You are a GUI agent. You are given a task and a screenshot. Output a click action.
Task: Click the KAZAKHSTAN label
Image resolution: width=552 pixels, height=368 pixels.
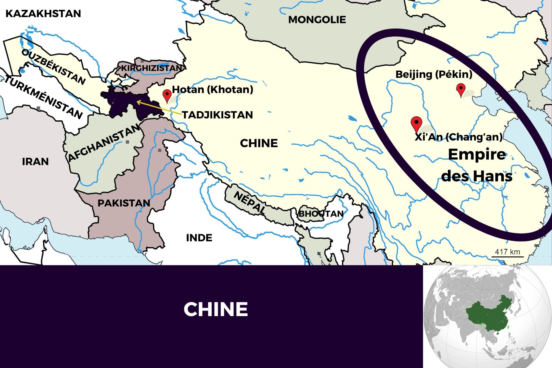(43, 14)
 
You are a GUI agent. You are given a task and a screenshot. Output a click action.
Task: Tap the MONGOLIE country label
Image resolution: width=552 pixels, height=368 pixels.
(317, 20)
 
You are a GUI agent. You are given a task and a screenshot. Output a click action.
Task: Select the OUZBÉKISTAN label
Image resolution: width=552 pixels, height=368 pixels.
(53, 67)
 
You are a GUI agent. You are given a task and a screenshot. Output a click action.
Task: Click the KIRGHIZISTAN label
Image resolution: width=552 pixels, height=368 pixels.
(152, 68)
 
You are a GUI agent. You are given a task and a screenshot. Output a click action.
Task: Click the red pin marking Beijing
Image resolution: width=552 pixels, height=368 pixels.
(461, 89)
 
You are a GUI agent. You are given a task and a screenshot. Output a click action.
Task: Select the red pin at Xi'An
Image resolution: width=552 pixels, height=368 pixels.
(416, 123)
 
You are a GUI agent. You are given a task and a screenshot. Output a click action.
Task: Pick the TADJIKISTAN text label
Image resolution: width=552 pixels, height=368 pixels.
(217, 115)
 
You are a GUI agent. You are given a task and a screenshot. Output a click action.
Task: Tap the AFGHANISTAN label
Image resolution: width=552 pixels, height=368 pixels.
(104, 143)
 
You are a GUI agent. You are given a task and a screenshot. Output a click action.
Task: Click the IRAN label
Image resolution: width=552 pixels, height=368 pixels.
(35, 162)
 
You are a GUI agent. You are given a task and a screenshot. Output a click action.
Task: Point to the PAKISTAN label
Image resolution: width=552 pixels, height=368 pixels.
(124, 203)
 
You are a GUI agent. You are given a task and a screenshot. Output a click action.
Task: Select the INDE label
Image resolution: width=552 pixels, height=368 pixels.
(199, 238)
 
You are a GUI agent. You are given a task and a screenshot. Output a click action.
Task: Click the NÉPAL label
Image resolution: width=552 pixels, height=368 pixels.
(250, 202)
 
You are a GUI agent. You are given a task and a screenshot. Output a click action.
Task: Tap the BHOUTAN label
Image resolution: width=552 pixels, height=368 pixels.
(321, 214)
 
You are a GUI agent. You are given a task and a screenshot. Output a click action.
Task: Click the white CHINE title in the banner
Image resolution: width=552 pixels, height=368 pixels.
(216, 309)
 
